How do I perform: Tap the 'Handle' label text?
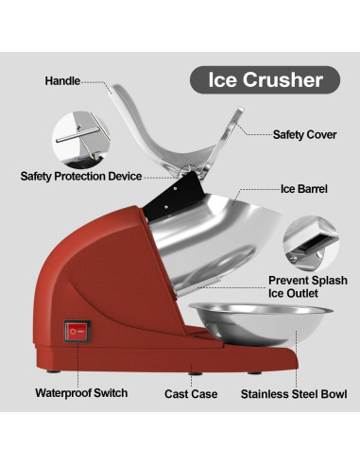click(x=63, y=81)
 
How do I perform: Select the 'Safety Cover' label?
click(x=304, y=134)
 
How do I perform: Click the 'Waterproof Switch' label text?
click(x=81, y=392)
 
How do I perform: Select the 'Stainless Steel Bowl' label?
click(x=294, y=393)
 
